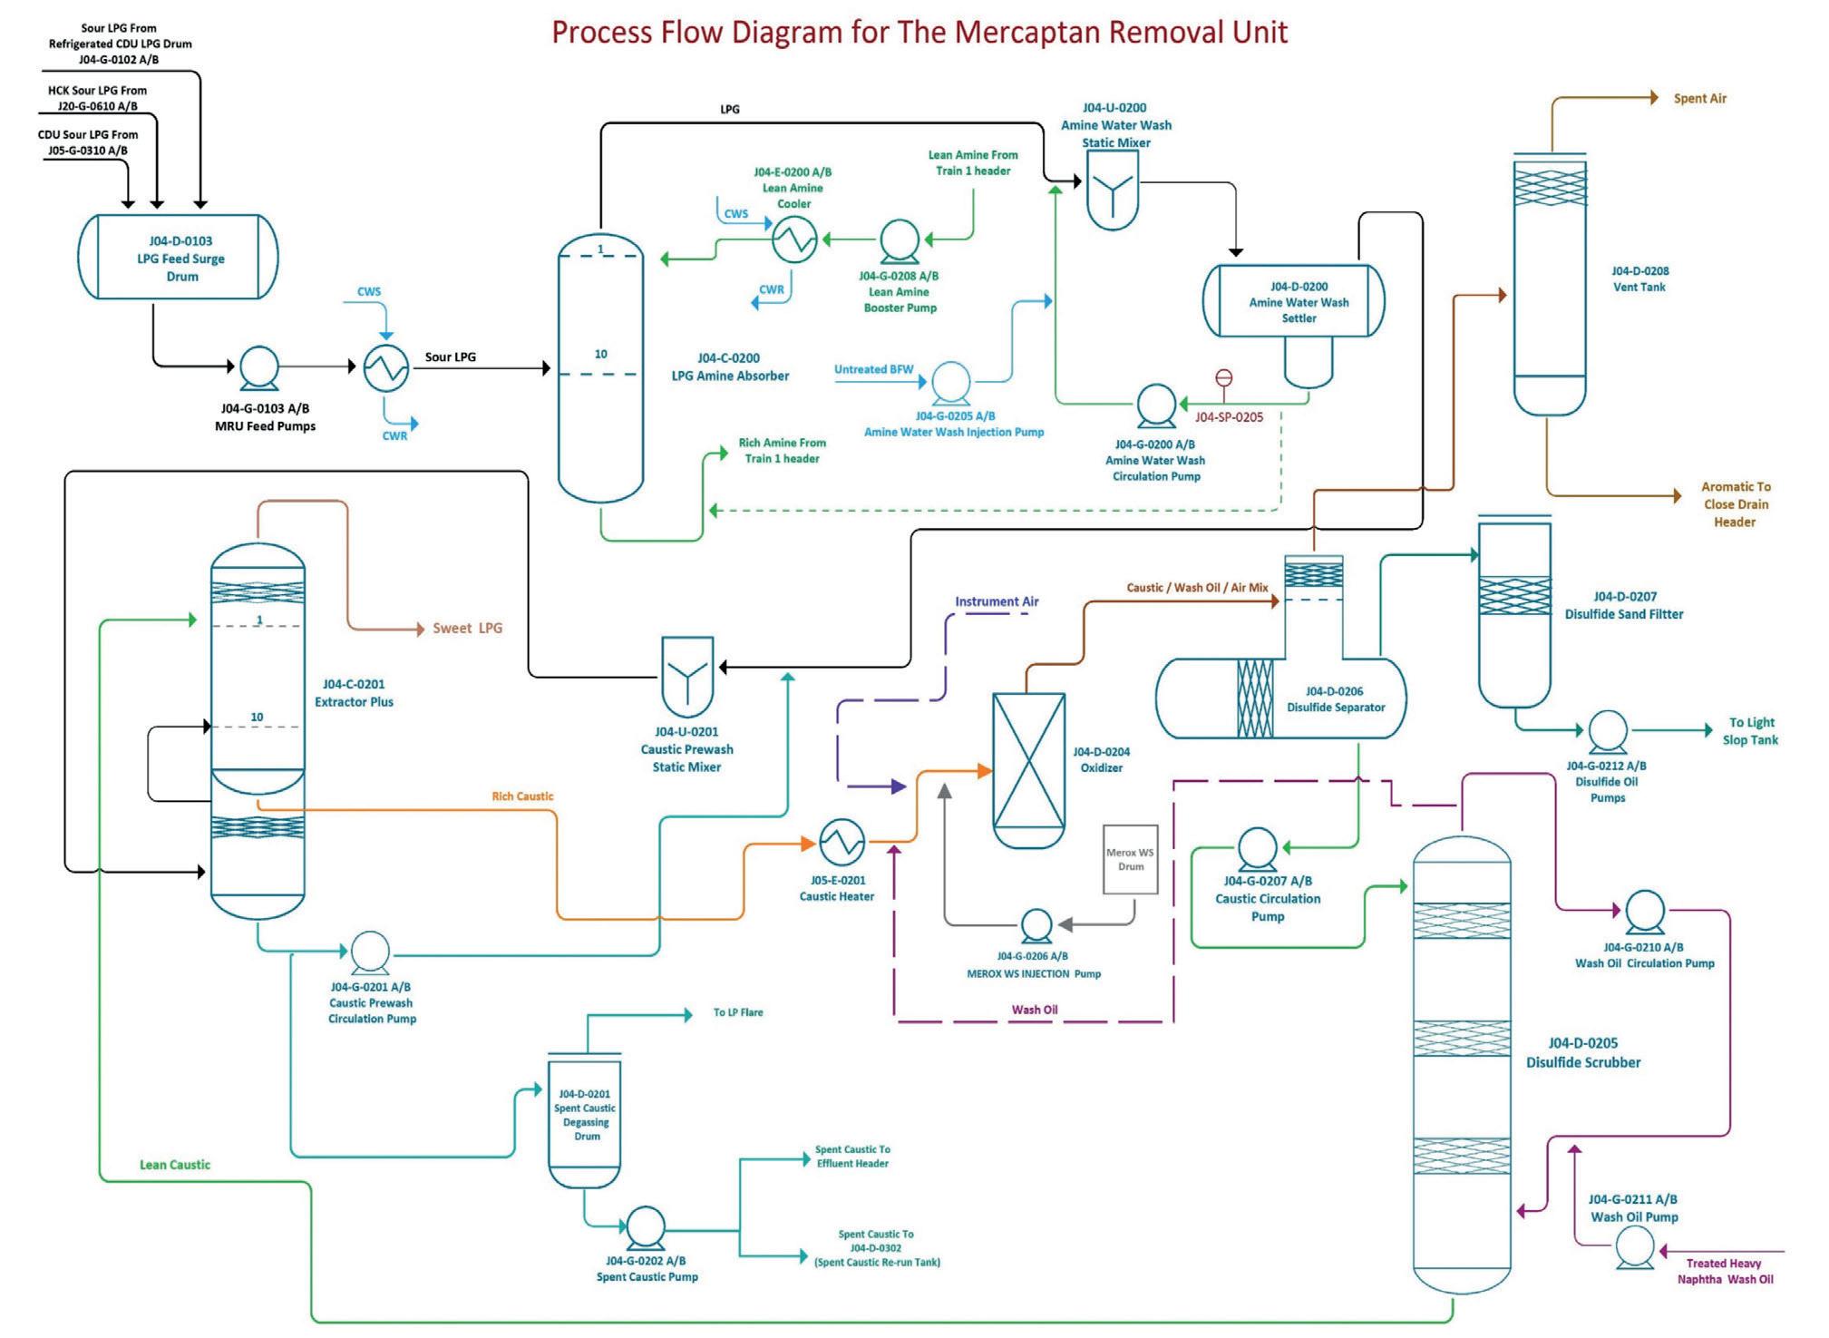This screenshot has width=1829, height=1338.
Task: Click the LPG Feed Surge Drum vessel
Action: tap(179, 258)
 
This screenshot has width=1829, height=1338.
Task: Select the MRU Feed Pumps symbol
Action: tap(259, 366)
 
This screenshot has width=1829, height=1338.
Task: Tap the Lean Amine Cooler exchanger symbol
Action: tap(794, 240)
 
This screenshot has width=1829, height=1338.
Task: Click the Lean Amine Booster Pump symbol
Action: tap(900, 240)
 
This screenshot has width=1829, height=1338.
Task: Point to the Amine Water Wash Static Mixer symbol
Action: tap(1112, 189)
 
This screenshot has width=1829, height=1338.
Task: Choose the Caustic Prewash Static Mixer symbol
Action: tap(687, 677)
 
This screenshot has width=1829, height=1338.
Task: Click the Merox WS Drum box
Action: tap(1130, 859)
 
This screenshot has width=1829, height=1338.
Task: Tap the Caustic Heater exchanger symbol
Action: tap(842, 842)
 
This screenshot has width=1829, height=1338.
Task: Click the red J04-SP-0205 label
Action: tap(1229, 417)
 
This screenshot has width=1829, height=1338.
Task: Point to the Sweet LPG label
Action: tap(467, 628)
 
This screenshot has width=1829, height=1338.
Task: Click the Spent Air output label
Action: tap(1699, 99)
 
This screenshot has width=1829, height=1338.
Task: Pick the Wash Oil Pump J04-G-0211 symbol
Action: tap(1635, 1247)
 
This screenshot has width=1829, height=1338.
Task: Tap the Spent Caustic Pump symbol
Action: tap(645, 1228)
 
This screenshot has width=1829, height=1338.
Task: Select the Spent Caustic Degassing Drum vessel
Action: tap(585, 1121)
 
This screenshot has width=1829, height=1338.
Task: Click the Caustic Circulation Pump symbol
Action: tap(1257, 849)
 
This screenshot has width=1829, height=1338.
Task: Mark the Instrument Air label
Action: tap(997, 601)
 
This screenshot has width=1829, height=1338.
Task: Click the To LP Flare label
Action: tap(738, 1012)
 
